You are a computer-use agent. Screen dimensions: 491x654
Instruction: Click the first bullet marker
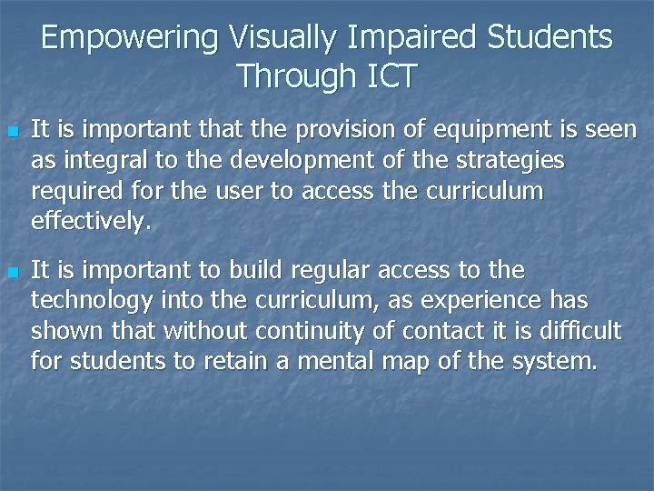pyautogui.click(x=13, y=132)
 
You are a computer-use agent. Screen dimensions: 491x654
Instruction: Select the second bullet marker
pyautogui.click(x=13, y=272)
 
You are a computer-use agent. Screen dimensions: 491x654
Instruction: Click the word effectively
pyautogui.click(x=88, y=222)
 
